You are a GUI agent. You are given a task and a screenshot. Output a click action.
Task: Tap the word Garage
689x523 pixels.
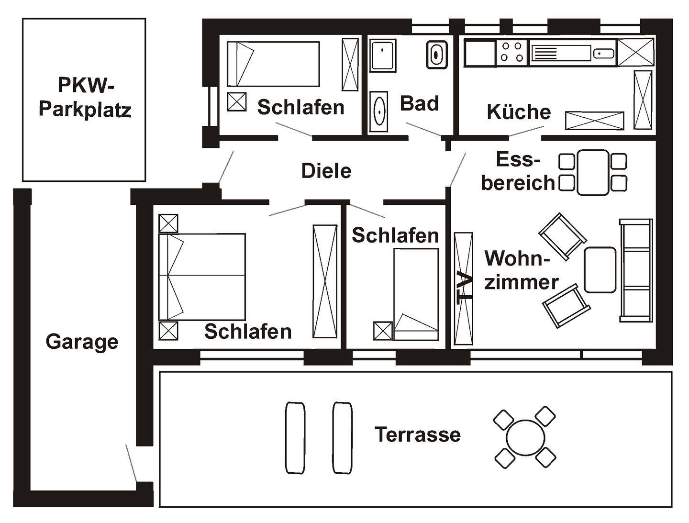82,342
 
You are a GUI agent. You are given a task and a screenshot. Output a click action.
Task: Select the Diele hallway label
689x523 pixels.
326,171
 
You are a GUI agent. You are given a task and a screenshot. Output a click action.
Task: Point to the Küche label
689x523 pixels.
519,111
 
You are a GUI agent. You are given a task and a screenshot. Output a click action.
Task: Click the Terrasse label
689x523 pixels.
418,435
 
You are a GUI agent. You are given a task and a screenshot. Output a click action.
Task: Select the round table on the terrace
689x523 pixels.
525,437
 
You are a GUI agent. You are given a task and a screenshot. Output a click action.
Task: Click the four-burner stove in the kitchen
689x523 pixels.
512,52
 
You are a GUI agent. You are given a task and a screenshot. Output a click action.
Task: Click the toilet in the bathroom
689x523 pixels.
437,55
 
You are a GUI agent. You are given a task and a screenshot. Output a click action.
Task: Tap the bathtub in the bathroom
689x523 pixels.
379,111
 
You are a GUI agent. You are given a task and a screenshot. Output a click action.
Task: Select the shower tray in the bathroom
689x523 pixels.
383,56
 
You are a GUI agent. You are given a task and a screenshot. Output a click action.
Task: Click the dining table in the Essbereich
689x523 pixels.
593,172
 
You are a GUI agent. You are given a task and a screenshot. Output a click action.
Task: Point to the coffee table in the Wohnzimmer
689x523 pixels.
600,270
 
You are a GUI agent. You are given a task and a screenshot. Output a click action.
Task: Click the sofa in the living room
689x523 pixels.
636,270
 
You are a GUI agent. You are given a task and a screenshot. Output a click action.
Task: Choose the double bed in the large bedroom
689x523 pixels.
202,277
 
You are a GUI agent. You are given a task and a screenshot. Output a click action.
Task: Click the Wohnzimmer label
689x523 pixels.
521,270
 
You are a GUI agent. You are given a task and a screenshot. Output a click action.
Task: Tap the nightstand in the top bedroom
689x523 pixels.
237,102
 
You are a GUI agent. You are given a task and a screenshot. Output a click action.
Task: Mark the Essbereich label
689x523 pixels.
518,171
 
